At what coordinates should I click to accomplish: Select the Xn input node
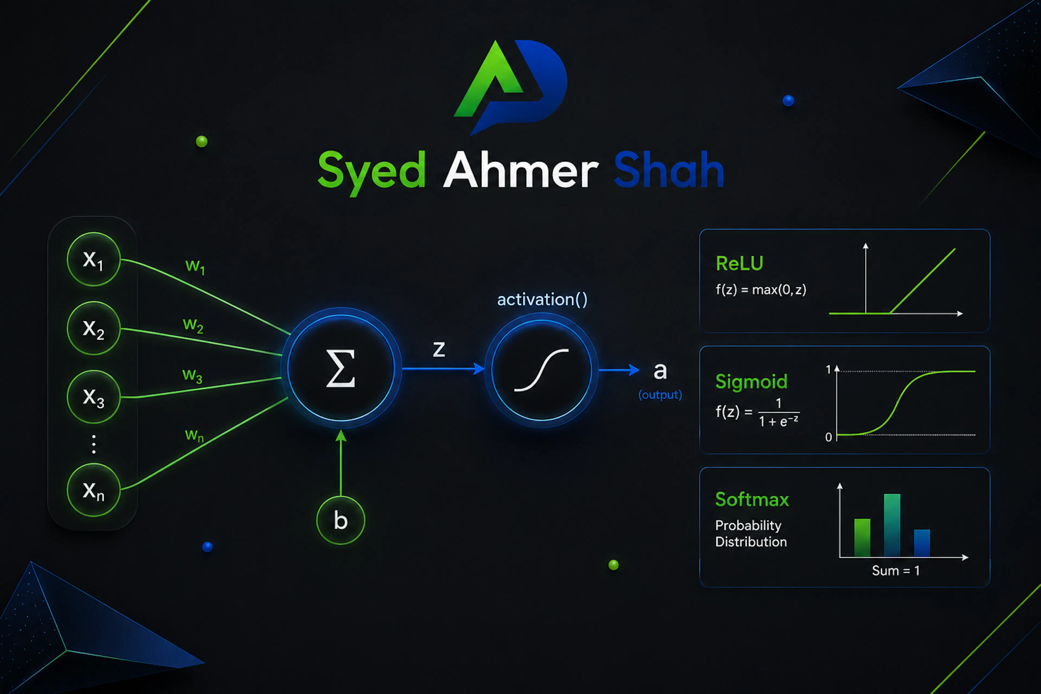coord(93,490)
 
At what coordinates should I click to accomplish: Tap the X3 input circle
coord(93,397)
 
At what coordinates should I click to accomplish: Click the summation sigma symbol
coord(340,368)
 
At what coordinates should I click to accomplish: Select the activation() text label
coord(542,300)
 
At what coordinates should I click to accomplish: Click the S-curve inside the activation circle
coord(541,370)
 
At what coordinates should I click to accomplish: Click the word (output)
coord(660,394)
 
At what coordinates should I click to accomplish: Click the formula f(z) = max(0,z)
coord(761,290)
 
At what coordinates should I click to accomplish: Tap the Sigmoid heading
coord(751,381)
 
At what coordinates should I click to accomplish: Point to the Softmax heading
coord(752,499)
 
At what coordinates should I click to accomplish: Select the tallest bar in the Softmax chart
coord(892,525)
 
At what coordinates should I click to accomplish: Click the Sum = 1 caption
coord(896,570)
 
